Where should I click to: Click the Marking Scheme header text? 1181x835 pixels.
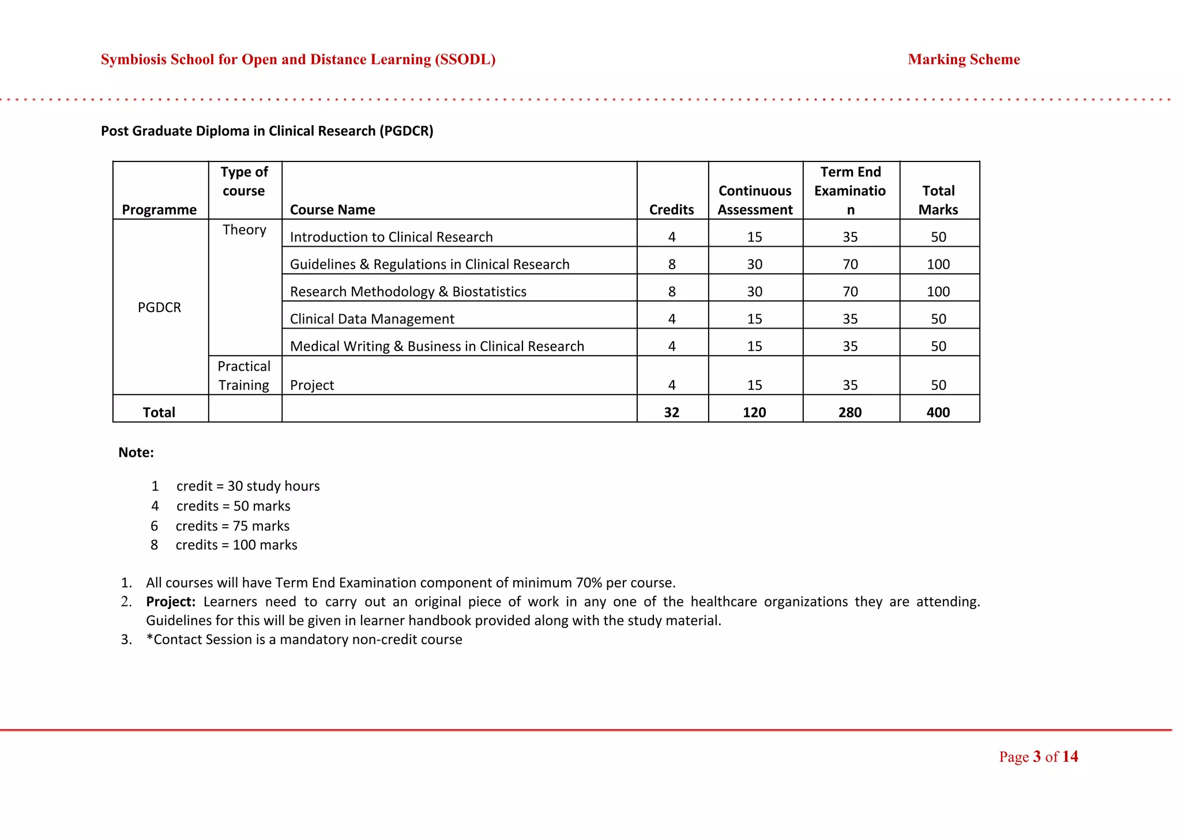tap(964, 59)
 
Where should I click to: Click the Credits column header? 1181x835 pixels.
tap(671, 209)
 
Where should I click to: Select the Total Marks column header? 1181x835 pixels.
tap(938, 200)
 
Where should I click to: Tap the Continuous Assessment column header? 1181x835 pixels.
tap(755, 200)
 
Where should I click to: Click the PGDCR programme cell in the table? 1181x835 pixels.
tap(159, 307)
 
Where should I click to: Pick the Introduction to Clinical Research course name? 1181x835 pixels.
tap(391, 237)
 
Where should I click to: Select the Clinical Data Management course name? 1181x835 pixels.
tap(372, 319)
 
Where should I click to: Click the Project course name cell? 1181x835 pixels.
tap(312, 385)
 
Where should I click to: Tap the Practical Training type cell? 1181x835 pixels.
tap(244, 375)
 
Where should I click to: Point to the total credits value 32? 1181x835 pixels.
tap(671, 412)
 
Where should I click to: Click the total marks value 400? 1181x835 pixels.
tap(938, 412)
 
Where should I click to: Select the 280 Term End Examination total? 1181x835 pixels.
tap(850, 412)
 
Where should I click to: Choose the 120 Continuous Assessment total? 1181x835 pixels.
tap(754, 412)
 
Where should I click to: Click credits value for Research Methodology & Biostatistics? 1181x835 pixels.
tap(672, 292)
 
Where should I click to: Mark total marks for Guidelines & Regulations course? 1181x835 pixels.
tap(938, 264)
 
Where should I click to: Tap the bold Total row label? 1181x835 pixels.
tap(159, 412)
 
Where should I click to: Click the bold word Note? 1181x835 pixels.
tap(136, 453)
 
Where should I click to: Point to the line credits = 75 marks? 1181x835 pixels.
tap(232, 526)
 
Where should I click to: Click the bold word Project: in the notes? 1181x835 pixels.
tap(171, 601)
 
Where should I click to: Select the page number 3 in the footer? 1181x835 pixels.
tap(1037, 757)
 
